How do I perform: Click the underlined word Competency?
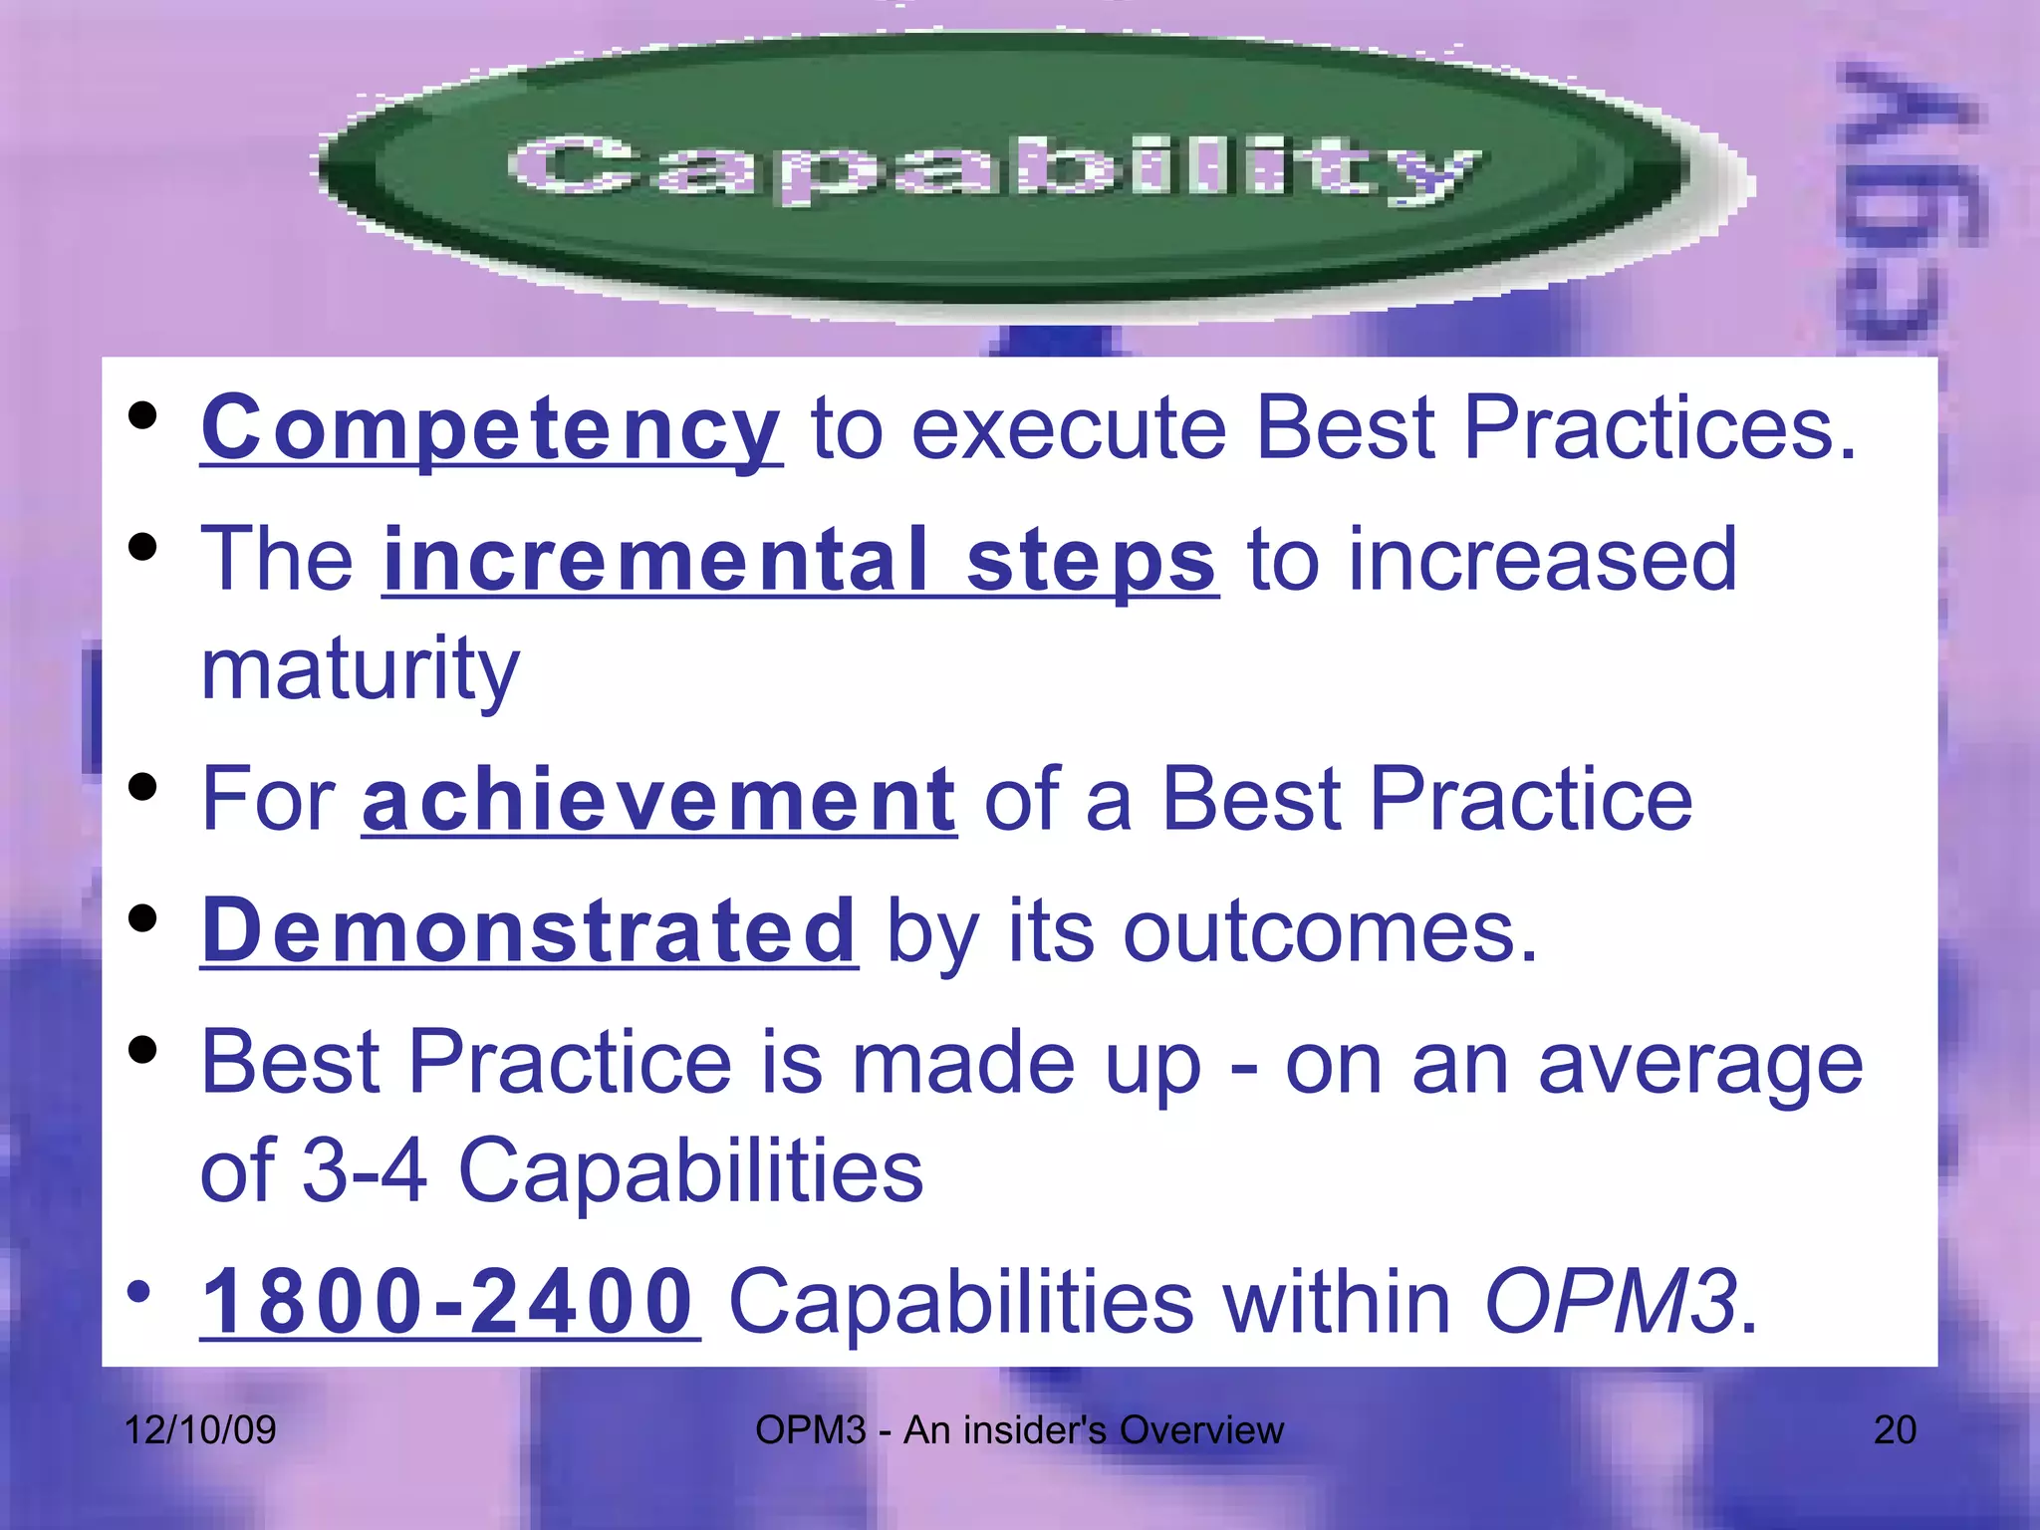click(x=491, y=428)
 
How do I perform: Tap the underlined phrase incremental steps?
click(x=800, y=561)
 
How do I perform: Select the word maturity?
click(x=361, y=669)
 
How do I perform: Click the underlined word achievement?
click(x=659, y=800)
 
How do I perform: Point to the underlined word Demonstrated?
click(x=529, y=931)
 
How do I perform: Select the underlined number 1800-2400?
click(x=449, y=1302)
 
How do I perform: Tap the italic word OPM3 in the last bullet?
click(x=1610, y=1302)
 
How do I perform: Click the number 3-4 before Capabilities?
click(x=364, y=1169)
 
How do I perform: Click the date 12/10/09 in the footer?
click(x=199, y=1430)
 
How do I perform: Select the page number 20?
click(x=1895, y=1430)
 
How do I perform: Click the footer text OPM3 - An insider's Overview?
click(x=1019, y=1430)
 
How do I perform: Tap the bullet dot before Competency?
click(x=143, y=415)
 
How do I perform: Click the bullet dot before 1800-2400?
click(x=139, y=1292)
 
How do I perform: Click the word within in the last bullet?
click(x=1337, y=1302)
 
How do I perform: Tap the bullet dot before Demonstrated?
click(x=143, y=918)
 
